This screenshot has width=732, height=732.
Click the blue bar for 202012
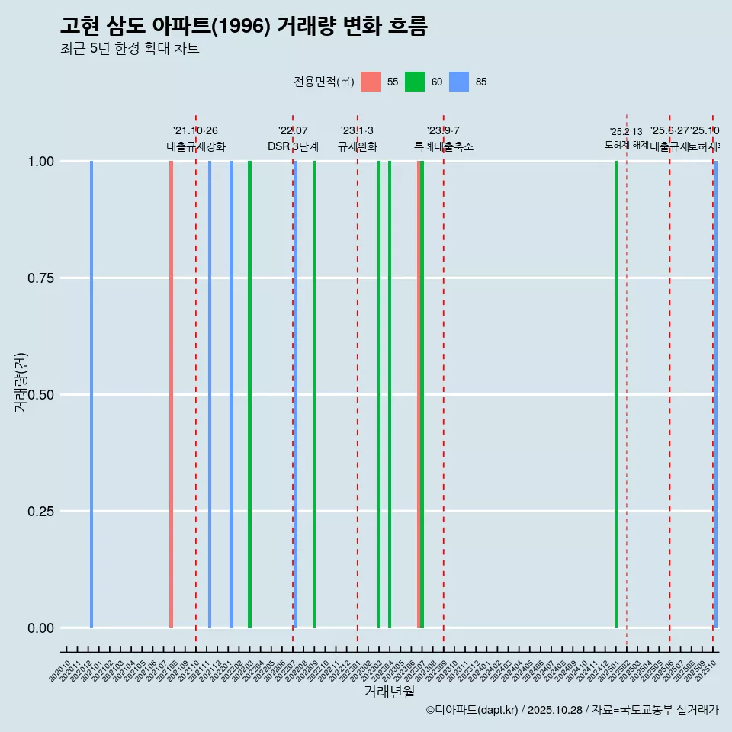coord(91,394)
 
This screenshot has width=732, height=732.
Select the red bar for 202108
coord(171,394)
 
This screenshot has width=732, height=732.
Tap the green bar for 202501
coord(616,394)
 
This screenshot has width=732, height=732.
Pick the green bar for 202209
coord(314,394)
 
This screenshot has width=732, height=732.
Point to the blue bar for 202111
coord(210,394)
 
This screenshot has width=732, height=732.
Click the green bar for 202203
coord(249,394)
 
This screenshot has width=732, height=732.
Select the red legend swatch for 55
coord(371,82)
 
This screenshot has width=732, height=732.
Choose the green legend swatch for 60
coord(415,82)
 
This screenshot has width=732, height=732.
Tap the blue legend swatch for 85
coord(459,82)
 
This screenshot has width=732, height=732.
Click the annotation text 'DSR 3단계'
coord(293,146)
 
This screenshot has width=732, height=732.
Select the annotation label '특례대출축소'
coord(443,146)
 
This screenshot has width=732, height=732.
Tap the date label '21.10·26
coord(195,131)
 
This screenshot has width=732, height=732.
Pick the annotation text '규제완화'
coord(357,146)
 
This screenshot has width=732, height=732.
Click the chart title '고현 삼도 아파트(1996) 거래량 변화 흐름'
coord(244,26)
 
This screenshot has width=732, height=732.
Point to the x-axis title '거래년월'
coord(390,692)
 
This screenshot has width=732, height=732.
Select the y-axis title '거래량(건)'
coord(21,381)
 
